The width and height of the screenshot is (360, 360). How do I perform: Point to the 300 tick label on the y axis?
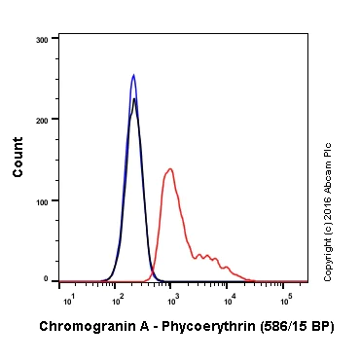click(x=42, y=40)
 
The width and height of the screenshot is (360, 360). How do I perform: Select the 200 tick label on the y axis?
click(x=42, y=120)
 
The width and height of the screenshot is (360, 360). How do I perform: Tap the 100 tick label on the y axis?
click(x=42, y=200)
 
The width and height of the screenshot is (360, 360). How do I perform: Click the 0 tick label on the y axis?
click(x=47, y=279)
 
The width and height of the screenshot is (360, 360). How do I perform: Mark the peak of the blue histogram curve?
click(x=133, y=75)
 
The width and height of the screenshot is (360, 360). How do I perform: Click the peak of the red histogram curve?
click(x=170, y=169)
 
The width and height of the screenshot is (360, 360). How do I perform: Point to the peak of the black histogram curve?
click(x=134, y=98)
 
